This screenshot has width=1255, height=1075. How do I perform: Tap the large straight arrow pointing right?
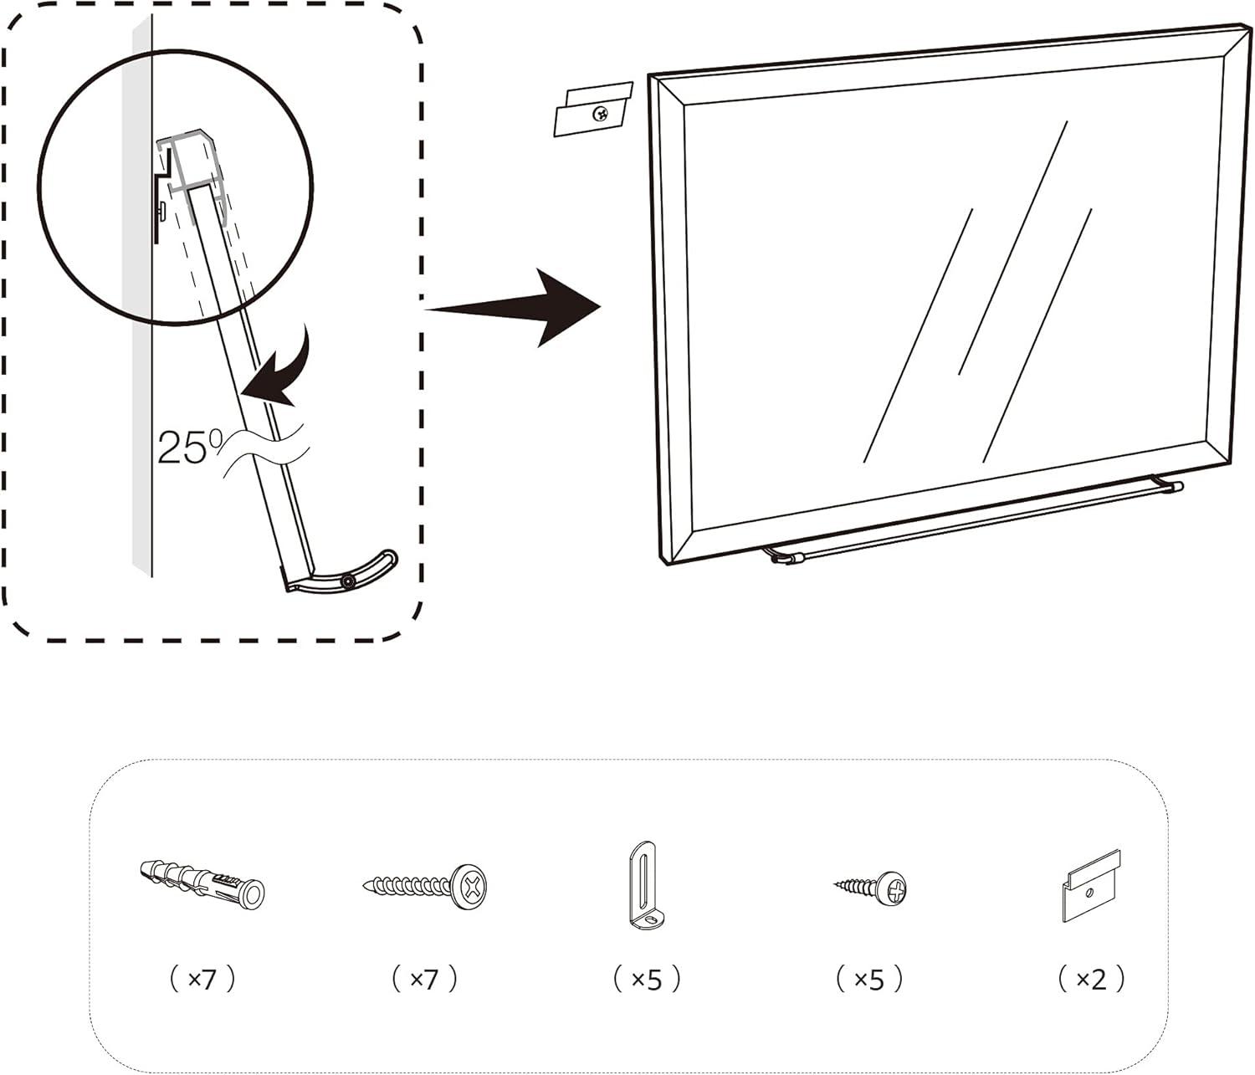[515, 308]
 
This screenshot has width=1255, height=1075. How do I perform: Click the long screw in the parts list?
[425, 884]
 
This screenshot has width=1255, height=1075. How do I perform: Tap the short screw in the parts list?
[872, 885]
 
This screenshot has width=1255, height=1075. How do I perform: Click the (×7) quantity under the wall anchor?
[202, 978]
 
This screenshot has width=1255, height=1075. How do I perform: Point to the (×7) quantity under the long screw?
[425, 978]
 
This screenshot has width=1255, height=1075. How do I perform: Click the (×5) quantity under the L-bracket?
[647, 978]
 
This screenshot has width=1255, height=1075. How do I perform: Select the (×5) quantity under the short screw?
[870, 978]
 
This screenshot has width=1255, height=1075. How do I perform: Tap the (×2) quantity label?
[1091, 978]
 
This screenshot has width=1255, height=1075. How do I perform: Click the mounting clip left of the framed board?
[592, 109]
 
